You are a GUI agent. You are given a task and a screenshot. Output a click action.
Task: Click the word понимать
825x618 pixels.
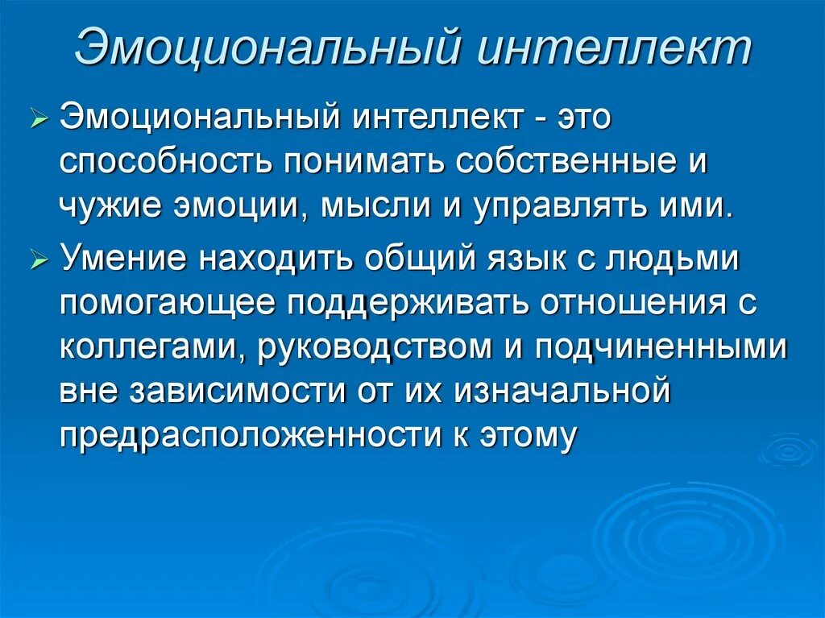[x=357, y=162]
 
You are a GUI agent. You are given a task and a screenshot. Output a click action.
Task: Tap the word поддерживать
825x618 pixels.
[x=409, y=304]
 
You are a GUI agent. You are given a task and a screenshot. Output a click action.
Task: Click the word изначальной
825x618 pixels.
[x=562, y=391]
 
